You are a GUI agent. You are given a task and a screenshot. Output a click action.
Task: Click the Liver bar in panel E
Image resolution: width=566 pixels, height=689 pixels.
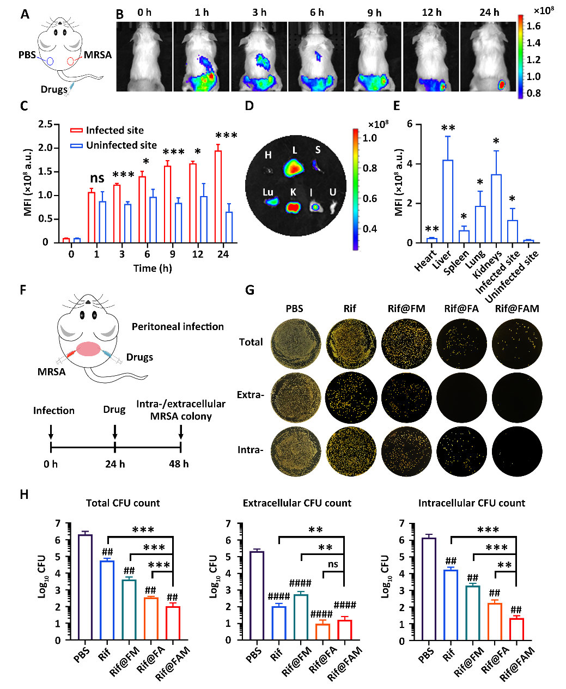[448, 201]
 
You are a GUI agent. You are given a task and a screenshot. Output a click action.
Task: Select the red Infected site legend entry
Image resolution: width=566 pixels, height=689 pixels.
[107, 131]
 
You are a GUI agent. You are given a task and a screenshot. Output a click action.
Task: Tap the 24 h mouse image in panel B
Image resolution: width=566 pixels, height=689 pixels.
[489, 56]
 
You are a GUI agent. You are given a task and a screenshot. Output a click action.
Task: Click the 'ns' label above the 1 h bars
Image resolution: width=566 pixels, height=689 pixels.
[97, 178]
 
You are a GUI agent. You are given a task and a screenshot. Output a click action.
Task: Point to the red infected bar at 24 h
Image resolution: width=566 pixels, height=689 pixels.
[218, 197]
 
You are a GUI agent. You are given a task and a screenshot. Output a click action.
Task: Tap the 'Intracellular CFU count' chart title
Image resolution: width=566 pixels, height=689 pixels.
[472, 503]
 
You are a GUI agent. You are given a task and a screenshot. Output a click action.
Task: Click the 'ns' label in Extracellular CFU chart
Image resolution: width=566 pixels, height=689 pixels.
[333, 564]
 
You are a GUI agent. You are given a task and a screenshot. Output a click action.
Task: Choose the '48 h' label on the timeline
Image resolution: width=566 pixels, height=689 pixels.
[179, 464]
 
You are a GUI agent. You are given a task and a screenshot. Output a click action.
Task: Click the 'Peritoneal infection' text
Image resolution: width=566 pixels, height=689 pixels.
[178, 327]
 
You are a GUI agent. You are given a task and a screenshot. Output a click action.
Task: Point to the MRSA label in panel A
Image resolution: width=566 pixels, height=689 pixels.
[98, 55]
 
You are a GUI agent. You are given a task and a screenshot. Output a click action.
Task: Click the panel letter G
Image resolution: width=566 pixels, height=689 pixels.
[249, 290]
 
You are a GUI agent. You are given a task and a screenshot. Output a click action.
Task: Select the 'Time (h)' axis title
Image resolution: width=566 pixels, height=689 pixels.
[153, 268]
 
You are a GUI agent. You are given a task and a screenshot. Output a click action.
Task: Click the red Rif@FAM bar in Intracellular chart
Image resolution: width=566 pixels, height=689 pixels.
[516, 629]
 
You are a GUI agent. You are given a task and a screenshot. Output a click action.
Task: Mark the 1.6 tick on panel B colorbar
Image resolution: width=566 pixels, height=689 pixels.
[534, 26]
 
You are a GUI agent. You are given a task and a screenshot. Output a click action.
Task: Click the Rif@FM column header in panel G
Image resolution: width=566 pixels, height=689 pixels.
[406, 309]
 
